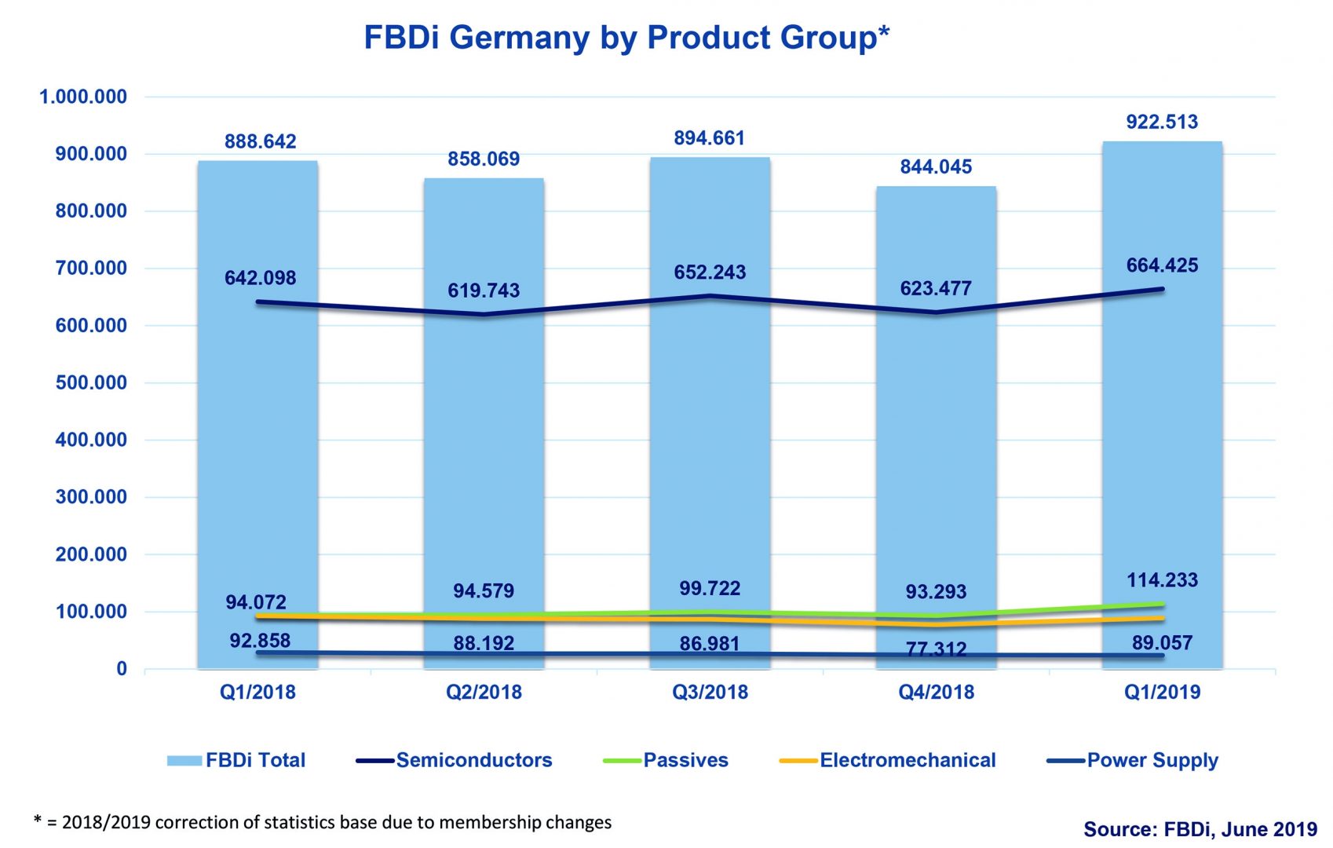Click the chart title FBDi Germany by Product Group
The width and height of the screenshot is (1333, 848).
[x=626, y=38]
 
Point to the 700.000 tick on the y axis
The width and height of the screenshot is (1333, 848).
[x=91, y=269]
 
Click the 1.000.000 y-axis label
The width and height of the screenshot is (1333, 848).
[x=83, y=97]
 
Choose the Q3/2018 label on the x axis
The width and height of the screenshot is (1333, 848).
[x=710, y=692]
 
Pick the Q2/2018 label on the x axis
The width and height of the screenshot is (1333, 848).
[x=484, y=692]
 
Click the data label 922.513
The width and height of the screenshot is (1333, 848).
[x=1162, y=122]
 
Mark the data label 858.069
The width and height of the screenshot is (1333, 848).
[x=484, y=159]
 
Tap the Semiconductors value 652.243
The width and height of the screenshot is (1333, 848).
[x=710, y=272]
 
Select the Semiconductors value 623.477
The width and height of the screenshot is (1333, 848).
[x=936, y=289]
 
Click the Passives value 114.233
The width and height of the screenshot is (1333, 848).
[x=1162, y=580]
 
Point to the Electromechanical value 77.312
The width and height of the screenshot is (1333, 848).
[x=936, y=649]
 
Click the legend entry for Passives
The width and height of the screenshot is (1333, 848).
[x=685, y=760]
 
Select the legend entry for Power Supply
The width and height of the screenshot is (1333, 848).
[x=1152, y=760]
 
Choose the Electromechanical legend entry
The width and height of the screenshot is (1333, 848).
[x=907, y=760]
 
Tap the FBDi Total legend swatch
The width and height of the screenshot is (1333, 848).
[x=184, y=760]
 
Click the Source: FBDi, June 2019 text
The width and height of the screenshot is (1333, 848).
[x=1200, y=829]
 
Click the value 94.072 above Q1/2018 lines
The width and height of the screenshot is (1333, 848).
[x=256, y=602]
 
